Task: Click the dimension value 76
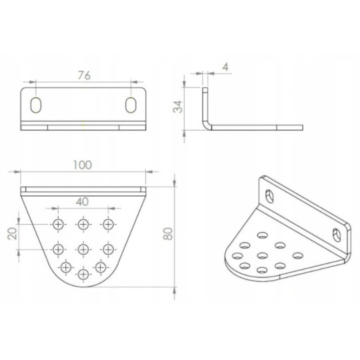tap(84, 75)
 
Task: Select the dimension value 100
tap(83, 164)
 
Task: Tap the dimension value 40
tap(83, 201)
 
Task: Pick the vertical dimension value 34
tap(177, 107)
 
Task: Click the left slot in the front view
tap(36, 105)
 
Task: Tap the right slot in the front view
tap(133, 105)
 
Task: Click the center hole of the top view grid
tap(83, 249)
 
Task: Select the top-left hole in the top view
tap(59, 223)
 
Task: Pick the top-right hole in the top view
tap(107, 223)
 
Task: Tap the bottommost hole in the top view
tap(83, 274)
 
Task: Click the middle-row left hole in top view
tap(59, 249)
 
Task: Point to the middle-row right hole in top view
tap(107, 249)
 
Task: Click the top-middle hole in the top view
tap(83, 223)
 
